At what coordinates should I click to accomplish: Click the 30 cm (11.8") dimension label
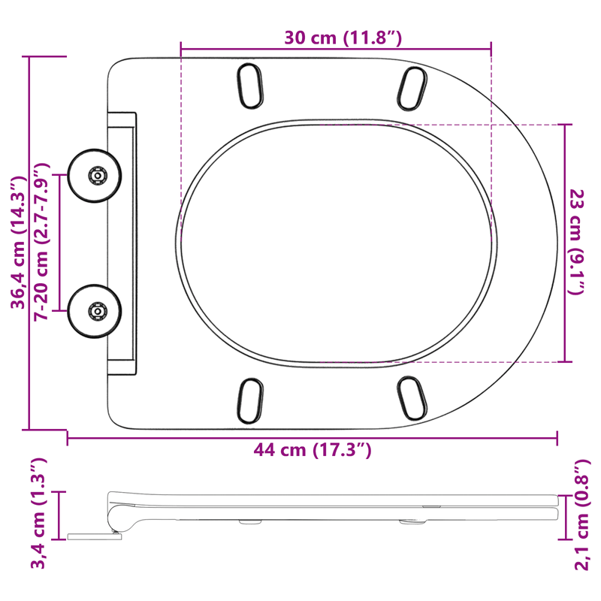(x=343, y=38)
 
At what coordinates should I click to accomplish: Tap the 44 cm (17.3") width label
(x=313, y=449)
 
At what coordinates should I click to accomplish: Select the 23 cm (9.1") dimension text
(x=576, y=242)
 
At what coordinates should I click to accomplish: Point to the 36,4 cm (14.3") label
(x=17, y=243)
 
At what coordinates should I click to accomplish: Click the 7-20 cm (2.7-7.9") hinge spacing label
(x=41, y=242)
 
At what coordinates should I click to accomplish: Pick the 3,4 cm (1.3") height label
(x=38, y=513)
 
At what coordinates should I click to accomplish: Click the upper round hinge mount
(x=95, y=176)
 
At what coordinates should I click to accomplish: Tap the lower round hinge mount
(x=95, y=311)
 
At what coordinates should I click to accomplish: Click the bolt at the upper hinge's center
(x=98, y=176)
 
